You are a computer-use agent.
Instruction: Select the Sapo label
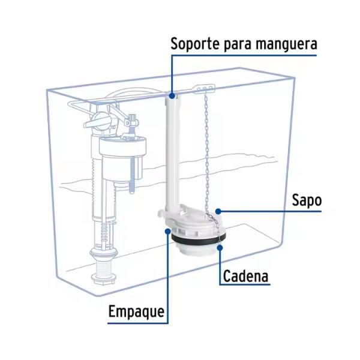click(307, 200)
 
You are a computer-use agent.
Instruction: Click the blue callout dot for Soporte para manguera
click(172, 95)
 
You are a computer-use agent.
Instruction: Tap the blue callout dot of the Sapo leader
click(220, 211)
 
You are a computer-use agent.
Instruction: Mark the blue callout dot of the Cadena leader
click(220, 245)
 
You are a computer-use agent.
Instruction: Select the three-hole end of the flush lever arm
click(204, 89)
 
